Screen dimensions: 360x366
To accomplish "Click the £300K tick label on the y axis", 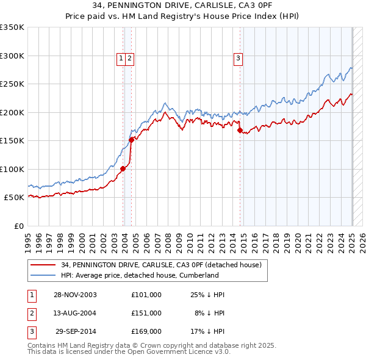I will pos(12,56).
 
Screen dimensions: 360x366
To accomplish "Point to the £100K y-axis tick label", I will pos(12,169).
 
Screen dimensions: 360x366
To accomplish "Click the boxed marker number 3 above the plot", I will pos(237,59).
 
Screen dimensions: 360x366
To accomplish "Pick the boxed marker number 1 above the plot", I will pos(122,59).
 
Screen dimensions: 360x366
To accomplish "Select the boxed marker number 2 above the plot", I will pos(130,59).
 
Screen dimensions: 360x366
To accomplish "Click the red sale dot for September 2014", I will pos(240,130).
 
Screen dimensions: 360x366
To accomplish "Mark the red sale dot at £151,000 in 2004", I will pos(131,140).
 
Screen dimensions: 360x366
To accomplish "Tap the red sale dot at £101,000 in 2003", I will pos(123,168).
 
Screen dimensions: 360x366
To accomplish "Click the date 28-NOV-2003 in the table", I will pos(75,295).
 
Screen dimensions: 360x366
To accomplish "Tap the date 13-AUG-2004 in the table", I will pos(75,313).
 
